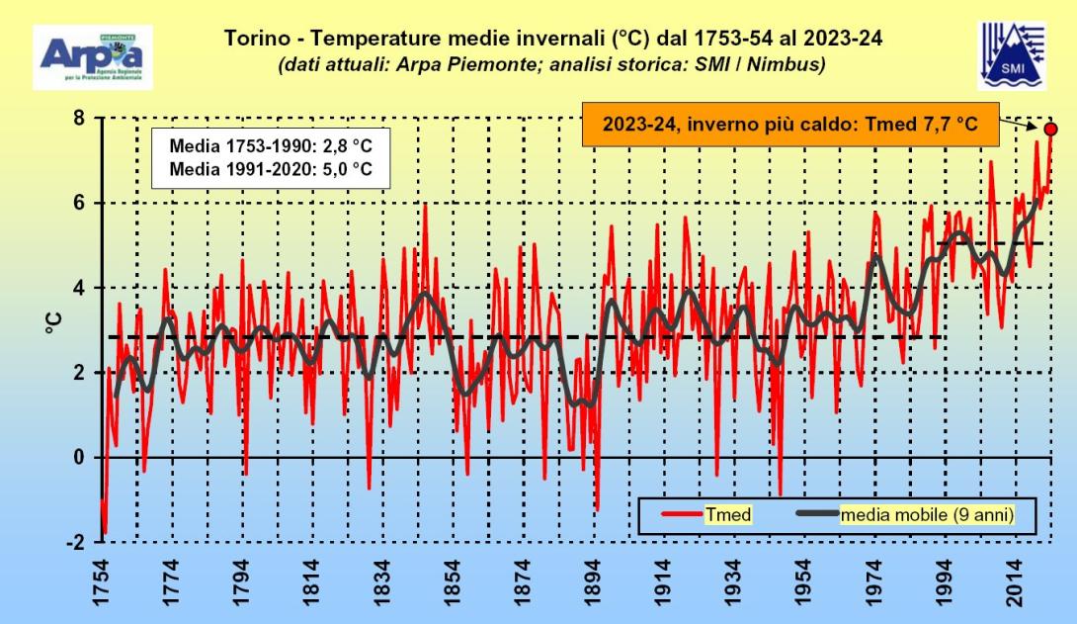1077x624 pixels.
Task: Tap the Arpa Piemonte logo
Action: point(93,56)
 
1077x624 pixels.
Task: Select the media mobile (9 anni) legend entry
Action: point(923,514)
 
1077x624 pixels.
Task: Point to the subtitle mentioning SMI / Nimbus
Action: point(551,64)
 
